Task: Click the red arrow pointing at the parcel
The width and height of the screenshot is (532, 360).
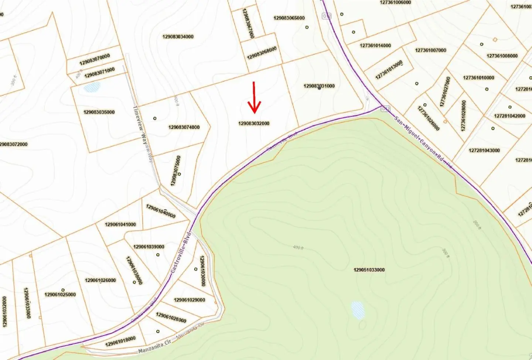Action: click(254, 98)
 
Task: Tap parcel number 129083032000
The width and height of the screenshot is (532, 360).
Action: click(254, 123)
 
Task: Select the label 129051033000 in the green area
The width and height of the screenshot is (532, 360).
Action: click(369, 270)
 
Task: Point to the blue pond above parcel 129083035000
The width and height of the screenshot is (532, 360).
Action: click(92, 88)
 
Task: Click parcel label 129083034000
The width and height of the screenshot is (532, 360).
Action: click(178, 37)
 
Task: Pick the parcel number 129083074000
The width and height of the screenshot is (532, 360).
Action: click(184, 127)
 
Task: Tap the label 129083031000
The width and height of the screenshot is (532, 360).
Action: click(319, 86)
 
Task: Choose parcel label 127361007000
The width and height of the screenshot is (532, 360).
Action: click(430, 50)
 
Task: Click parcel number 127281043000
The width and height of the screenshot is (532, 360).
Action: click(484, 150)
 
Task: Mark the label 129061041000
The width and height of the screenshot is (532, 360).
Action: click(120, 224)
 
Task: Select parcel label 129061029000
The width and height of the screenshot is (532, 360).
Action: click(190, 300)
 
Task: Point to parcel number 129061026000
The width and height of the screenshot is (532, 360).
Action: click(100, 280)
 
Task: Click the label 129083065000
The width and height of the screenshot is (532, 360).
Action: click(289, 18)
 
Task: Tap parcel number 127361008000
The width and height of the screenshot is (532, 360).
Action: click(502, 56)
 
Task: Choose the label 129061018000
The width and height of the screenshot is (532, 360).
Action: click(120, 342)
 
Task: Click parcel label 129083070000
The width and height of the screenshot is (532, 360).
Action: click(95, 60)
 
